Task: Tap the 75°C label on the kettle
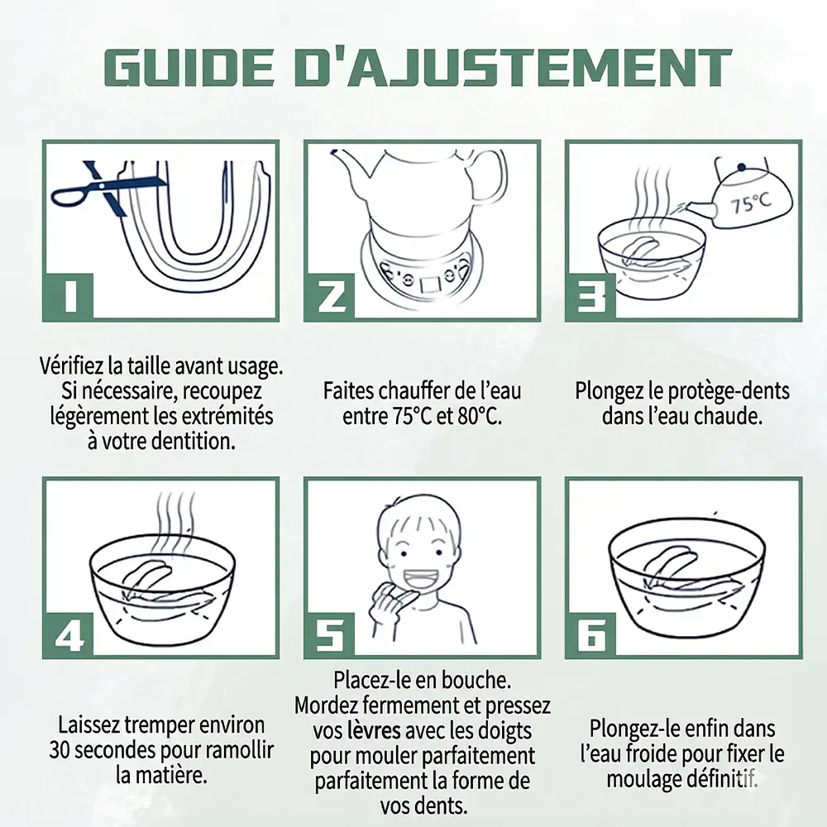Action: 750,203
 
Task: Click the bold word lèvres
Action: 374,731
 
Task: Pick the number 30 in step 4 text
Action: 60,750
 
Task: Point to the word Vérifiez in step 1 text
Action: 72,366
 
